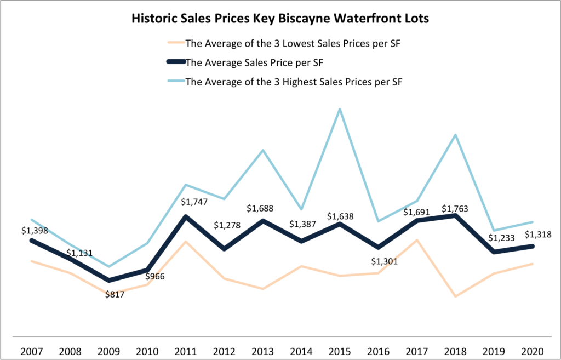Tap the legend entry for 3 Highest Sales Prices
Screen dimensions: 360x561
(x=296, y=82)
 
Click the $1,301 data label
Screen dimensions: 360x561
(x=383, y=261)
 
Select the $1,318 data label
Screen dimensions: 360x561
(x=537, y=235)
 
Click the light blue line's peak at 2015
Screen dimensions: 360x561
(x=340, y=109)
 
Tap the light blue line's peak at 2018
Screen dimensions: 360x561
(x=456, y=135)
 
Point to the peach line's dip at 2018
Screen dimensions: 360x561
(x=456, y=296)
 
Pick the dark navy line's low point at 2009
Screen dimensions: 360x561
(x=109, y=280)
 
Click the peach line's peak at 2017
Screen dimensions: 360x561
(x=417, y=240)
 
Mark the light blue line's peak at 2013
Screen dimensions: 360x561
(x=263, y=150)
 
